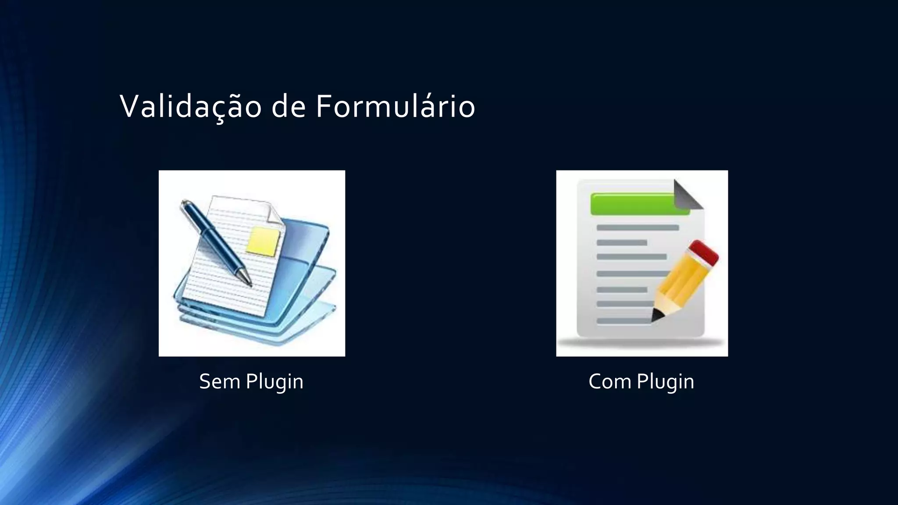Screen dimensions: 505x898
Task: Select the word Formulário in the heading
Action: (395, 107)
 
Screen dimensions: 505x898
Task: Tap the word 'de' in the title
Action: (288, 107)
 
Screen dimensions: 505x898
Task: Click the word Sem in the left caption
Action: (219, 381)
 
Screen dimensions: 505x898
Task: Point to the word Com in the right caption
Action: (609, 381)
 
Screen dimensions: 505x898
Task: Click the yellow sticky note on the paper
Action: (264, 241)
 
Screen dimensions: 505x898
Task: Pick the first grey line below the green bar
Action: (638, 228)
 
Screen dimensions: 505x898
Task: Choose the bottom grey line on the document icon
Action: (623, 321)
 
